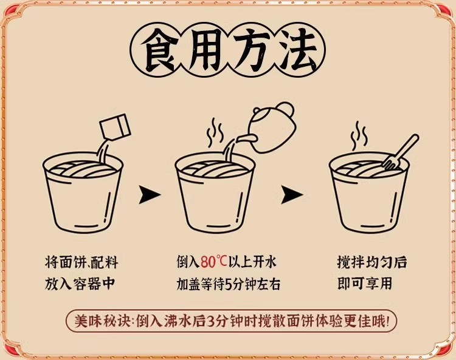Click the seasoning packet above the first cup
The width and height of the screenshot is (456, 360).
coord(115,127)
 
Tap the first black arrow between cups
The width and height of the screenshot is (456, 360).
coord(150,194)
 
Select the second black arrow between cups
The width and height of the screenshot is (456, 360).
coord(292,194)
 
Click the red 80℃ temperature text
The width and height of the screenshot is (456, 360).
coord(214,262)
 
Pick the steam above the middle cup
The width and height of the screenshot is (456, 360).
coord(215,132)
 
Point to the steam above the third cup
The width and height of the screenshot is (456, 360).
coord(359,136)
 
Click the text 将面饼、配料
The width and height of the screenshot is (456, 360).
coord(81,262)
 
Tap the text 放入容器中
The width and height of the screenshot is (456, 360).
coord(80,284)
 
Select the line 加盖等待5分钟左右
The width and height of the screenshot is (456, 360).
coord(228,284)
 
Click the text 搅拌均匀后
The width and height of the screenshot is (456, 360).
coord(372,262)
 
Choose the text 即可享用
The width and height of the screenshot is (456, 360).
coord(365,284)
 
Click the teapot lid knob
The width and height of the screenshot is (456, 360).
coord(257,110)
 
